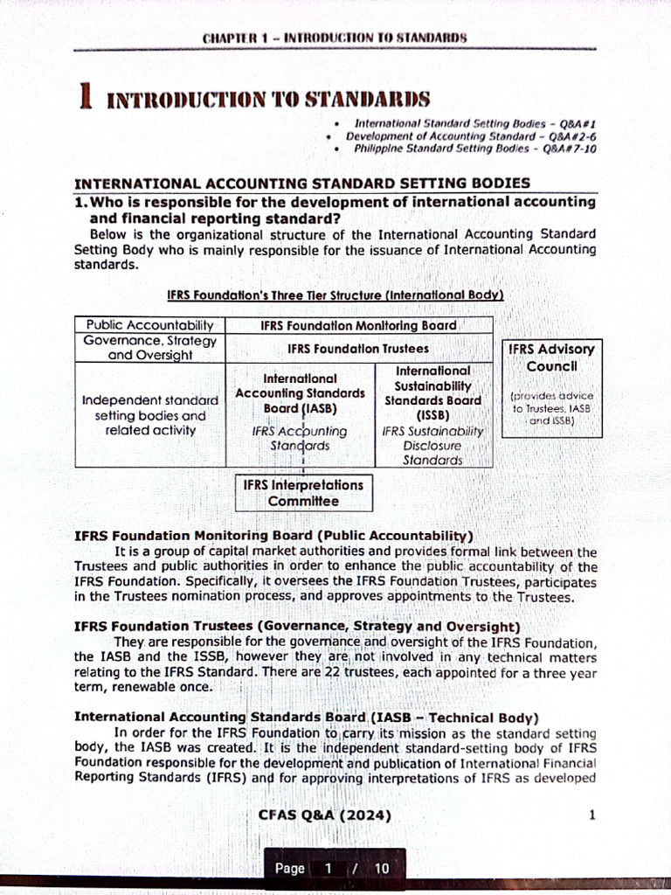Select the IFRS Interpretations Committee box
click(x=303, y=493)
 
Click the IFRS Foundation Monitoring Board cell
click(x=358, y=325)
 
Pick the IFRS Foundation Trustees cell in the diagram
click(x=358, y=348)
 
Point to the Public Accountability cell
click(x=149, y=325)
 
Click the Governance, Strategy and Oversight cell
click(x=149, y=348)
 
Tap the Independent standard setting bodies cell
click(x=149, y=414)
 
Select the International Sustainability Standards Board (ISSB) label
click(x=432, y=392)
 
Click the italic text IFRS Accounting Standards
click(x=299, y=438)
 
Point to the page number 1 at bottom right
click(x=591, y=816)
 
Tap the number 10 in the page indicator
click(x=381, y=868)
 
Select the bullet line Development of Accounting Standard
click(x=471, y=137)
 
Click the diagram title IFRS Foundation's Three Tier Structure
click(x=335, y=295)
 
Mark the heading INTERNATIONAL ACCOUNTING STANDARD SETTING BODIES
click(x=302, y=184)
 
